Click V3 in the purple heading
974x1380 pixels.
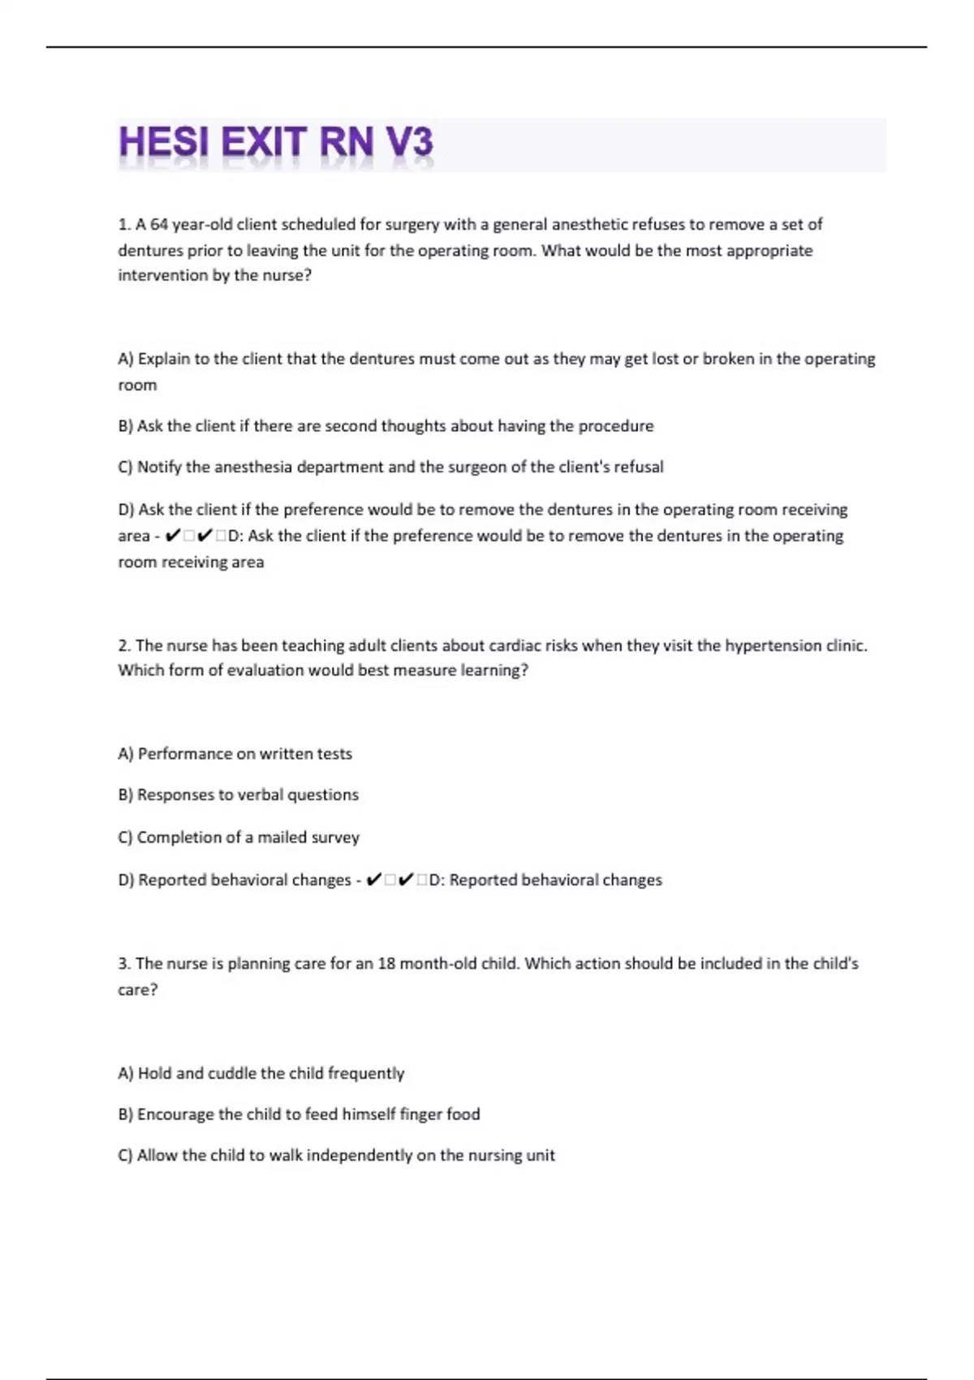pyautogui.click(x=409, y=144)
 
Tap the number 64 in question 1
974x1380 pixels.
pyautogui.click(x=159, y=224)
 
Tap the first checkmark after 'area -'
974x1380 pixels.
pyautogui.click(x=172, y=536)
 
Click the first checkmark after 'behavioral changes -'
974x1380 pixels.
pyautogui.click(x=374, y=880)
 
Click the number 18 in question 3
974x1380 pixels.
pyautogui.click(x=386, y=964)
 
